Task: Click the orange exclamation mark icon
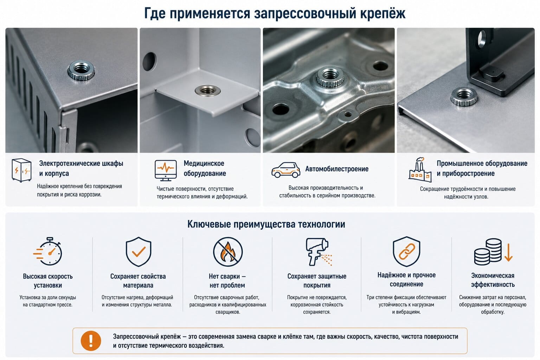point(91,341)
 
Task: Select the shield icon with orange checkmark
point(139,251)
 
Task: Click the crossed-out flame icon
point(228,251)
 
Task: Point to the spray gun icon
point(318,251)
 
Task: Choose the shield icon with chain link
point(406,251)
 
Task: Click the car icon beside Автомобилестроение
point(286,170)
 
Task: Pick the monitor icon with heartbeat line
point(166,170)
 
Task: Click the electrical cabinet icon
point(21,170)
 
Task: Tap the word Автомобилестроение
point(337,169)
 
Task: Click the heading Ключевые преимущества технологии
point(266,224)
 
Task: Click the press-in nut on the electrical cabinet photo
point(81,70)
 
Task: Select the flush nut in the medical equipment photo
point(208,90)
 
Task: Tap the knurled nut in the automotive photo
point(329,76)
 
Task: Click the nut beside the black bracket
point(464,96)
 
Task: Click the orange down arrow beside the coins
point(508,252)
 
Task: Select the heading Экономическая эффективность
point(493,280)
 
